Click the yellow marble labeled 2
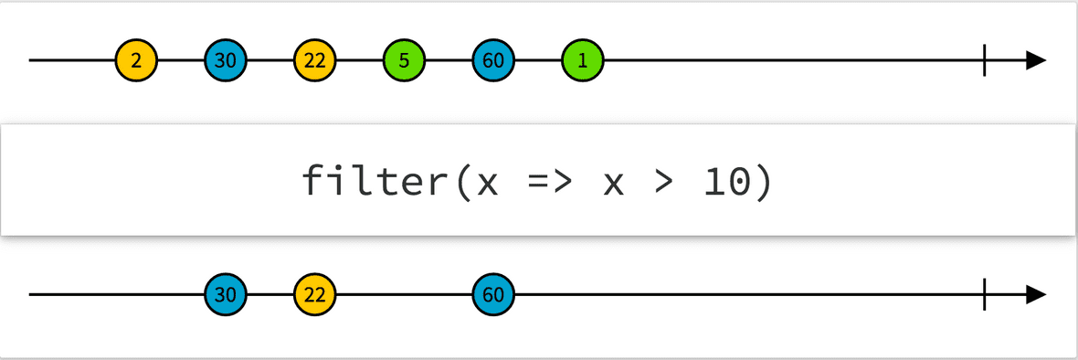coord(136,61)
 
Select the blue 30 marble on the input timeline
coord(226,61)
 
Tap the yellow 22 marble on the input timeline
coord(315,61)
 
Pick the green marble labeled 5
coord(404,61)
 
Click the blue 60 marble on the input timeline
coord(493,61)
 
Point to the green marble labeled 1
coord(583,61)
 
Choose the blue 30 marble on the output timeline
coord(226,295)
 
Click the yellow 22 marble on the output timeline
coord(315,295)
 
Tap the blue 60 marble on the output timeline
coord(493,295)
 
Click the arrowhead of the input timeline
coord(1035,61)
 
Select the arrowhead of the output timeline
coord(1035,295)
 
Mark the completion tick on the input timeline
coord(984,61)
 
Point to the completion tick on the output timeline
coord(984,295)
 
